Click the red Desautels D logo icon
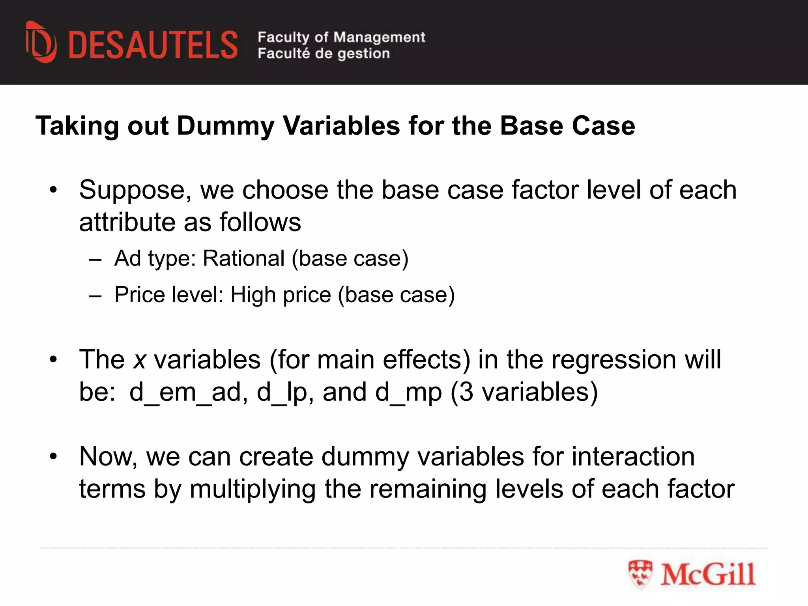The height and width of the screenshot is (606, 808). click(x=41, y=43)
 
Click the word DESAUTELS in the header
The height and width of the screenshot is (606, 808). click(x=153, y=45)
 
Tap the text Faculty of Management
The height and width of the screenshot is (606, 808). click(x=341, y=37)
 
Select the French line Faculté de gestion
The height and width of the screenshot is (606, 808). click(x=324, y=53)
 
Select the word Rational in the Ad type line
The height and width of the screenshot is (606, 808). click(x=243, y=259)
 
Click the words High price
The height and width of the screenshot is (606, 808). click(x=281, y=295)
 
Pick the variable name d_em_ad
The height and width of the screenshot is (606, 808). click(x=185, y=393)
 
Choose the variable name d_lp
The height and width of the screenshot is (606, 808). click(x=282, y=393)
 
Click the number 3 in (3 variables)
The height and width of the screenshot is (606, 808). click(x=466, y=392)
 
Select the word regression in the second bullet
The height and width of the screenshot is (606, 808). click(x=613, y=360)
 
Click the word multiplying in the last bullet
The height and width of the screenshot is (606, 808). click(x=252, y=489)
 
